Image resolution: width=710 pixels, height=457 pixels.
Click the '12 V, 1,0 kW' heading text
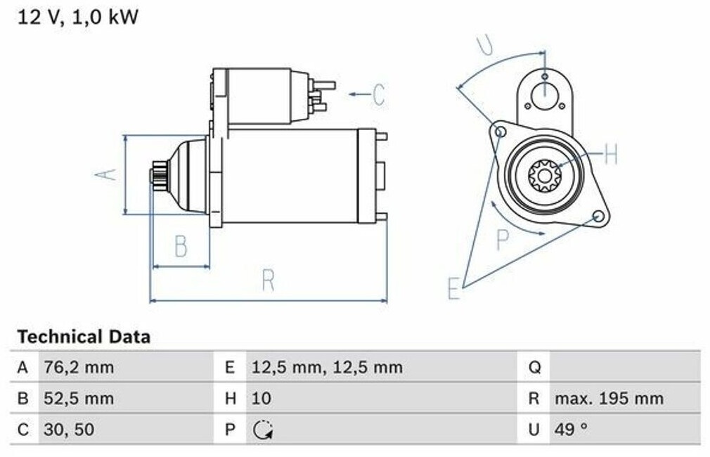click(78, 17)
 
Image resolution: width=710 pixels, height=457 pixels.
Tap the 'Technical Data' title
click(84, 337)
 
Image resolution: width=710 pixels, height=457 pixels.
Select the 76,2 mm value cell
click(79, 367)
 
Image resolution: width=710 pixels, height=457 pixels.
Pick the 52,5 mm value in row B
click(79, 399)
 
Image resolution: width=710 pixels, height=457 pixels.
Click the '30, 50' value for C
click(69, 430)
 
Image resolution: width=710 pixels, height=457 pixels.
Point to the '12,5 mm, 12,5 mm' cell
click(327, 367)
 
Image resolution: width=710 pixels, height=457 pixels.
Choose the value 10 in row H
click(262, 399)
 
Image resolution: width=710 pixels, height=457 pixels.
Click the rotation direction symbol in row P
click(263, 430)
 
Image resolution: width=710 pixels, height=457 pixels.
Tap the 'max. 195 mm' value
click(609, 399)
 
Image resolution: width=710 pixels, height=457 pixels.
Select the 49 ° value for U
click(571, 429)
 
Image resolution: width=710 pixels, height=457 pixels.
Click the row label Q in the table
click(535, 368)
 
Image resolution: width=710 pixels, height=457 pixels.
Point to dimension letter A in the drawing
click(106, 174)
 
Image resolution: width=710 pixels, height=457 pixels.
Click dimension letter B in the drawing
click(181, 246)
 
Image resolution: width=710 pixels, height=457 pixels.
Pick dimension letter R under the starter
click(269, 281)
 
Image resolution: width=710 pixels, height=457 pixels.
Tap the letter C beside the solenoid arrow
click(379, 95)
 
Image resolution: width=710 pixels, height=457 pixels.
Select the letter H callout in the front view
click(611, 154)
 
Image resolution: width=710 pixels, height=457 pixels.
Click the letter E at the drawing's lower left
click(454, 288)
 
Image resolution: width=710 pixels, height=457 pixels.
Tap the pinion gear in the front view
click(544, 175)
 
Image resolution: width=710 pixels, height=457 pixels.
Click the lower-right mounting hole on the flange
click(599, 217)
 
